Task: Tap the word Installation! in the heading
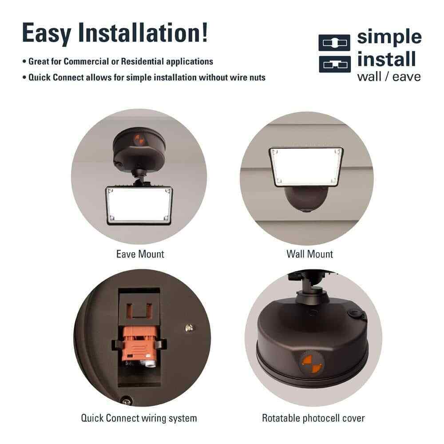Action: point(143,32)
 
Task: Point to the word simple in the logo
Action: point(389,37)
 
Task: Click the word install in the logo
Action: point(387,59)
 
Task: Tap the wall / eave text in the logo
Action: point(389,77)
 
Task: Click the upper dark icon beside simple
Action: point(334,43)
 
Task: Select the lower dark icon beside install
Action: point(335,64)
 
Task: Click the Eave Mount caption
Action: point(140,254)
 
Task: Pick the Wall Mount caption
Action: point(309,254)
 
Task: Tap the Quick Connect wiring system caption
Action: point(139,418)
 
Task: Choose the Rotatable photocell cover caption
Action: point(313,418)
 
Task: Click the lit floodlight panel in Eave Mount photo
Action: point(139,205)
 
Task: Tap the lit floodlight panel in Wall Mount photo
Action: point(306,167)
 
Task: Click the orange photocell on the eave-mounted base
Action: point(139,139)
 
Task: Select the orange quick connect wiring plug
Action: point(139,344)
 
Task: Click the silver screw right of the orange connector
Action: point(189,328)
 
